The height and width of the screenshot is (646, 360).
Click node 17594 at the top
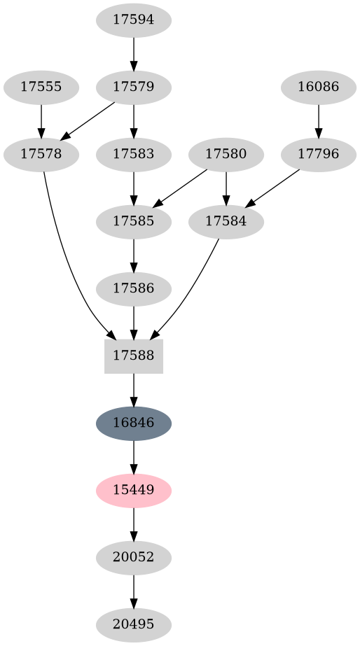(x=133, y=20)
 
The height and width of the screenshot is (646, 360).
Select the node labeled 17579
(x=133, y=87)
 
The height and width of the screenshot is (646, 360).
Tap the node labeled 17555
(x=41, y=87)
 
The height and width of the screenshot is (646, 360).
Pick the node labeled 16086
(x=319, y=87)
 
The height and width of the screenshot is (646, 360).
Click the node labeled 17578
(x=41, y=155)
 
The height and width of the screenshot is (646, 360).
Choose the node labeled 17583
(x=133, y=155)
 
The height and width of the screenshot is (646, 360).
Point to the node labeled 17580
(x=226, y=155)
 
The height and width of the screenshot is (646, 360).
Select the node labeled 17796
(x=319, y=155)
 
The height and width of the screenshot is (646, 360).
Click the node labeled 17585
(x=133, y=222)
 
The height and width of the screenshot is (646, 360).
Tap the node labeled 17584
(x=226, y=222)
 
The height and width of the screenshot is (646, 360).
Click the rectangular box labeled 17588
(x=133, y=356)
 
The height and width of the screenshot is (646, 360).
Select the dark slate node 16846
(x=133, y=423)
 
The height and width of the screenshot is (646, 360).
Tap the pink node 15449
(x=133, y=491)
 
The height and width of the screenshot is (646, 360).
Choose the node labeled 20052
(x=133, y=558)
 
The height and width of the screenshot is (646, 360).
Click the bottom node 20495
(x=133, y=624)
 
